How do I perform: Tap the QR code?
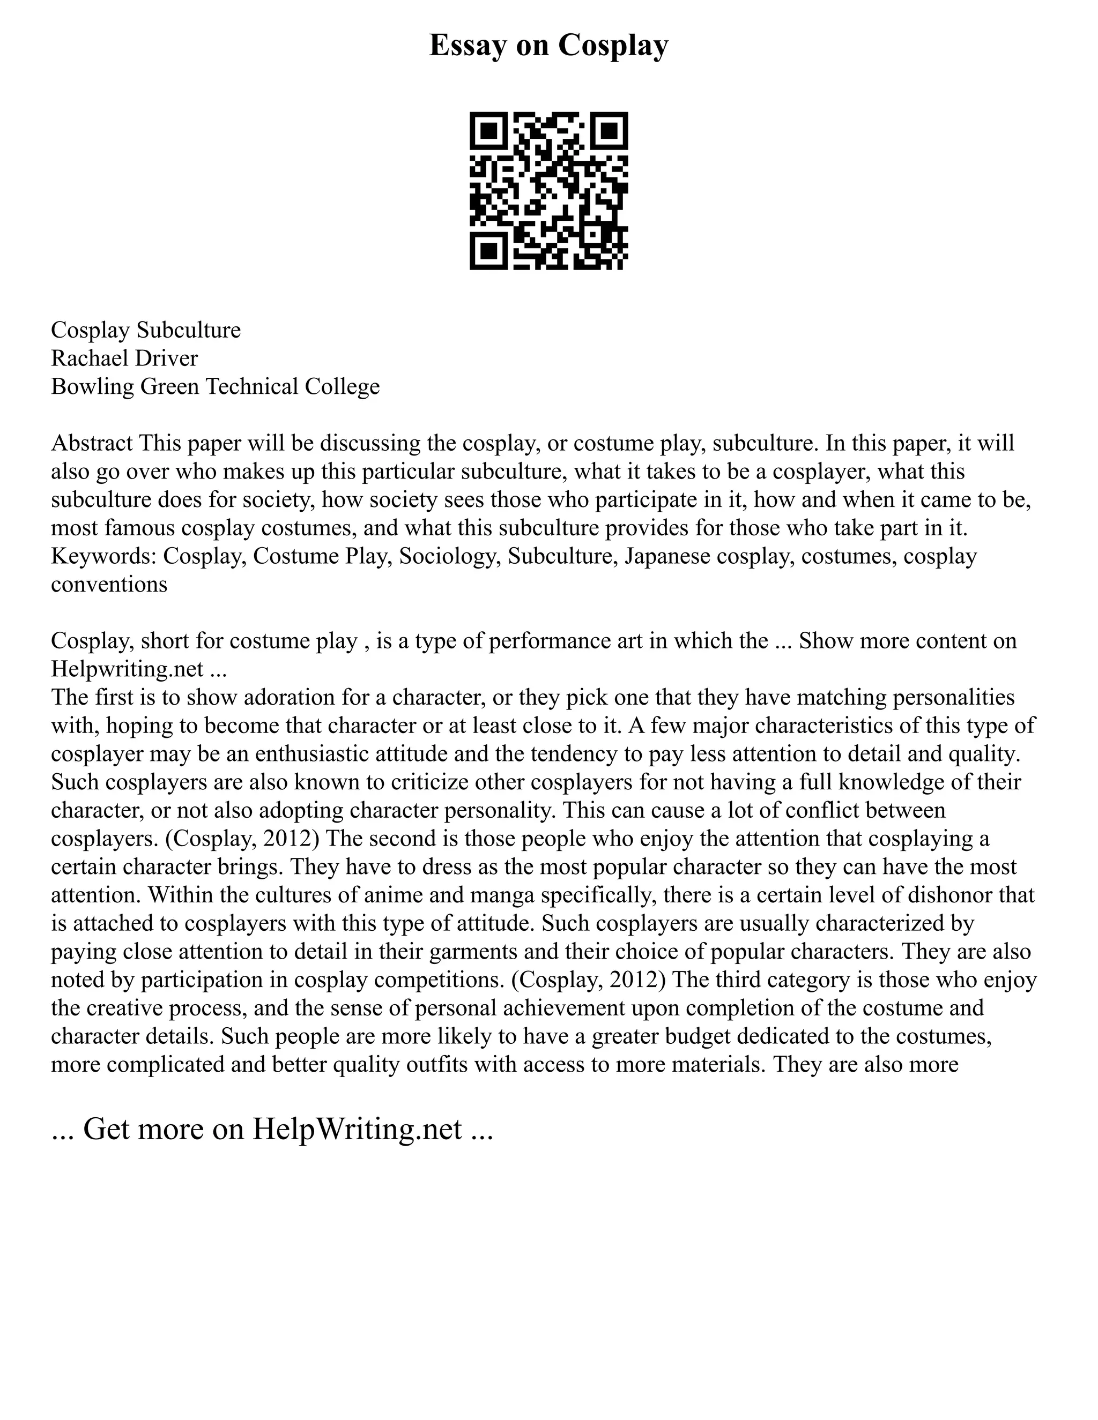[548, 191]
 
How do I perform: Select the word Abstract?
[92, 444]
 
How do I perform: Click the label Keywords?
[103, 557]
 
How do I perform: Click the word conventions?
[109, 585]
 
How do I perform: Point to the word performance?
[555, 641]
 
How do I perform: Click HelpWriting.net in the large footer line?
[357, 1130]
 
